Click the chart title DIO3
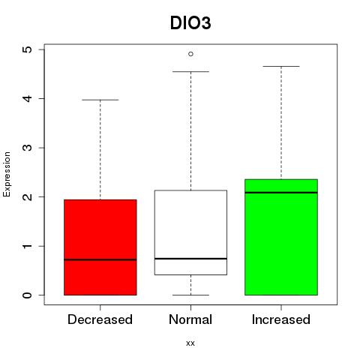click(190, 23)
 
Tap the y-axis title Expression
click(7, 174)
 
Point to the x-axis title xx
click(190, 343)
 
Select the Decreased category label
click(100, 319)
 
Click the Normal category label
click(190, 319)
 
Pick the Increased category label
click(281, 319)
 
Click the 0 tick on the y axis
click(28, 295)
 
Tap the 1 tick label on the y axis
click(28, 246)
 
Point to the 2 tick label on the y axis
click(28, 196)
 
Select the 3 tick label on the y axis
click(28, 148)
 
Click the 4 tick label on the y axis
click(28, 98)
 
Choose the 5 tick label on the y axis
click(28, 49)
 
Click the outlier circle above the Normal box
click(190, 54)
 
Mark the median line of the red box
click(100, 259)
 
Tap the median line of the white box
click(190, 259)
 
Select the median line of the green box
click(281, 193)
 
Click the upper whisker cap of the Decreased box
click(100, 100)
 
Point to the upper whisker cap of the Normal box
click(190, 71)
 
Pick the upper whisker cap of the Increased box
click(281, 66)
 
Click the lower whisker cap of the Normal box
click(190, 295)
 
